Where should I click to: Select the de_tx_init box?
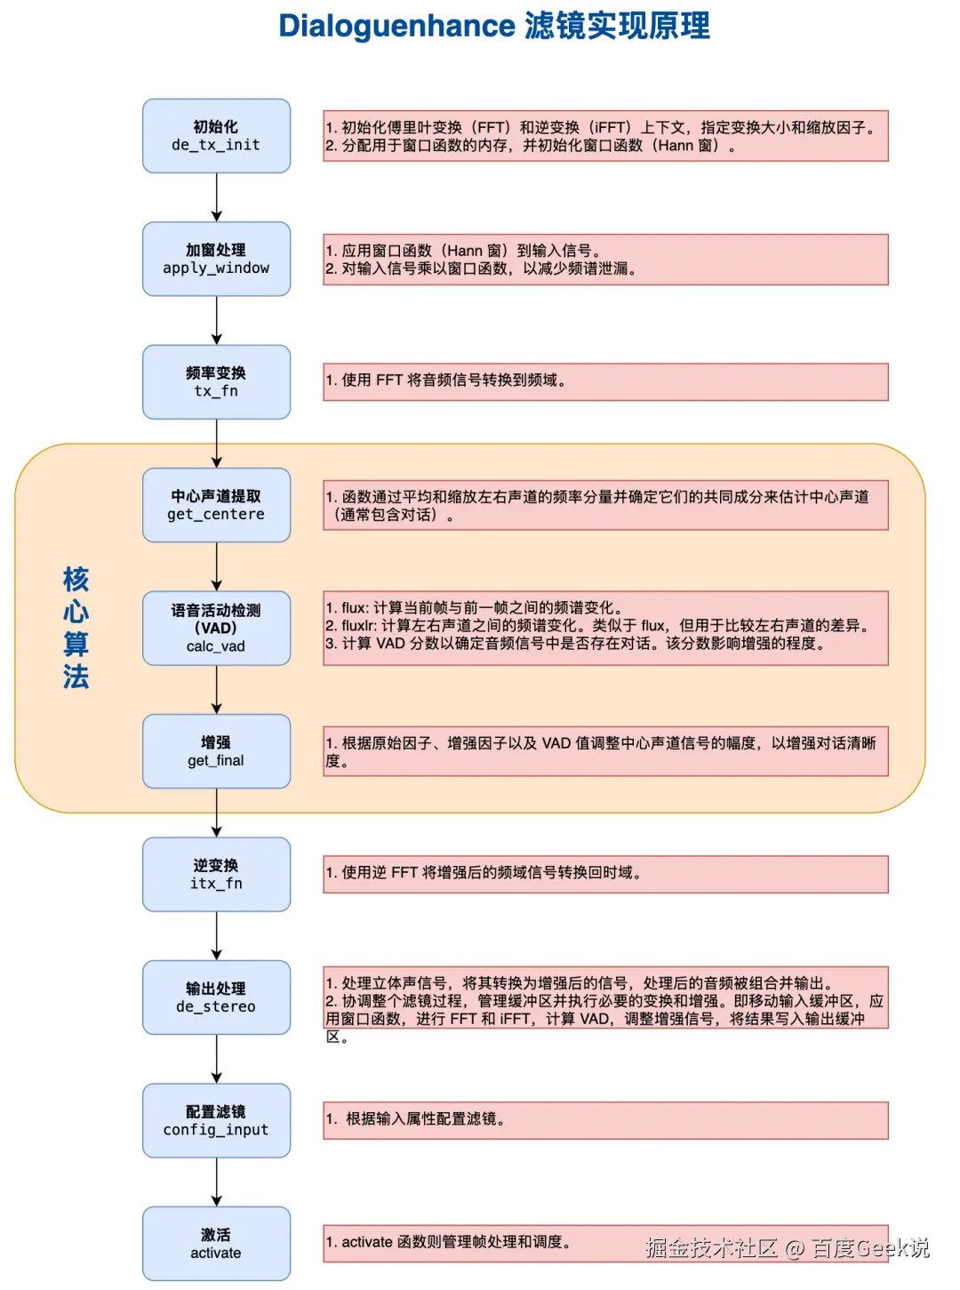pyautogui.click(x=216, y=136)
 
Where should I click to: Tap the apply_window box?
pyautogui.click(x=216, y=259)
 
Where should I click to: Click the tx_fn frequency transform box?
pyautogui.click(x=216, y=382)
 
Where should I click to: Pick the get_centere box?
pyautogui.click(x=216, y=505)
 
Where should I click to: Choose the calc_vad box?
pyautogui.click(x=216, y=628)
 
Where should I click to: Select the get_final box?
pyautogui.click(x=216, y=751)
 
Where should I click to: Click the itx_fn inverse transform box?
pyautogui.click(x=216, y=874)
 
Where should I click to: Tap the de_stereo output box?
pyautogui.click(x=216, y=998)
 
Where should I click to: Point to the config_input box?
pyautogui.click(x=216, y=1120)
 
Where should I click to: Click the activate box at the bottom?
pyautogui.click(x=216, y=1243)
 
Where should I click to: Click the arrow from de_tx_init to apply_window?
pyautogui.click(x=216, y=197)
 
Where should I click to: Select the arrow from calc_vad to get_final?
pyautogui.click(x=216, y=690)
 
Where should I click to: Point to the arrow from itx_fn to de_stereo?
pyautogui.click(x=216, y=935)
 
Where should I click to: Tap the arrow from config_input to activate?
pyautogui.click(x=216, y=1182)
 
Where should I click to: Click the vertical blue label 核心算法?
pyautogui.click(x=76, y=628)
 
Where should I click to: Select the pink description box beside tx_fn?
pyautogui.click(x=605, y=381)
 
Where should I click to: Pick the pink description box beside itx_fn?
pyautogui.click(x=605, y=874)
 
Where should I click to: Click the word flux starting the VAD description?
pyautogui.click(x=354, y=608)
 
